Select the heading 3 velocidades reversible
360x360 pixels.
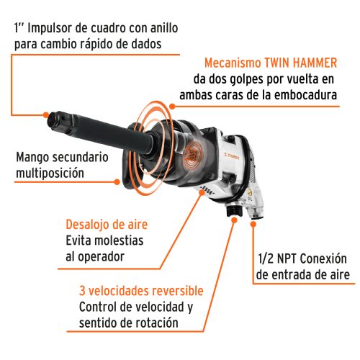tap(141, 292)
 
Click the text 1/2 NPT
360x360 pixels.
tap(279, 258)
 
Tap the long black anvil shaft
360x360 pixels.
tap(108, 129)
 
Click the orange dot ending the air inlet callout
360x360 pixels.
tap(253, 225)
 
